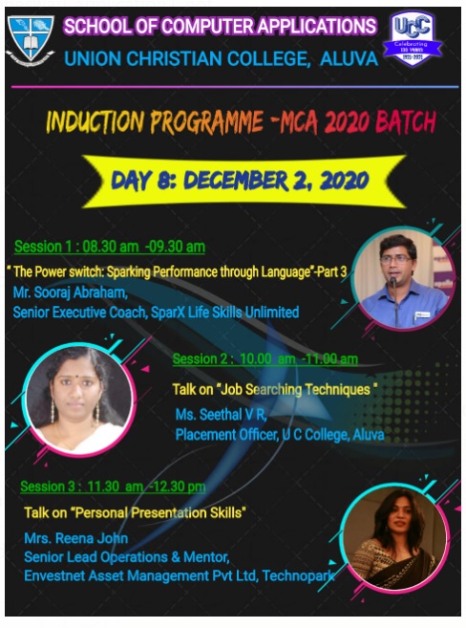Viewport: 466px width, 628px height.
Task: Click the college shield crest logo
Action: point(31,40)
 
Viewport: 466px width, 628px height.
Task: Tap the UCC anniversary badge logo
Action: point(412,38)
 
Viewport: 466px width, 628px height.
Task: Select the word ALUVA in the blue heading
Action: point(349,59)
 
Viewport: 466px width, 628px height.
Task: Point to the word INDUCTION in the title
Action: point(95,121)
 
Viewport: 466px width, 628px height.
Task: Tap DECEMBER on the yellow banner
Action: point(236,181)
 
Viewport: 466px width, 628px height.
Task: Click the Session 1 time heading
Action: point(110,247)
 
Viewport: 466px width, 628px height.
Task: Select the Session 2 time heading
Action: point(265,358)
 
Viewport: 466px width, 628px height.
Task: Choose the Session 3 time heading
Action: point(114,487)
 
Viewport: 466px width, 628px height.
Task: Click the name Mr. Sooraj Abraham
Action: point(71,292)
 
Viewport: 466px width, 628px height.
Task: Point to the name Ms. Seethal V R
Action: point(221,415)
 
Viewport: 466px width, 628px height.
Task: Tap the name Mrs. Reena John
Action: point(76,538)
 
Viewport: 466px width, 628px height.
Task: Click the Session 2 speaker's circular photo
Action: point(79,400)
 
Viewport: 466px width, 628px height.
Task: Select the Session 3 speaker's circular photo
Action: point(394,537)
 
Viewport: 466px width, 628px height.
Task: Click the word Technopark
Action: point(298,576)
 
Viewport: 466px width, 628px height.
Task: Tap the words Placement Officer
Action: point(226,435)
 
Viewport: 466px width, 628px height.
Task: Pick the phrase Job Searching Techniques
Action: point(295,389)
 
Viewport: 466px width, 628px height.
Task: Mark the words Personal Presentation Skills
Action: point(159,512)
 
